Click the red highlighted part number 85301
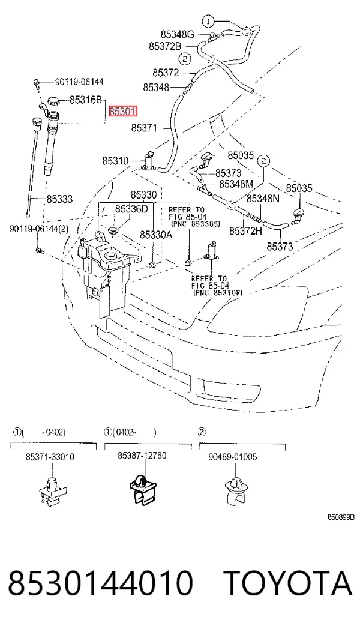coord(124,111)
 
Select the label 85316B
coord(86,100)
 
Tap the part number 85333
coord(59,199)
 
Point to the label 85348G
coord(178,34)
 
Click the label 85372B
coord(165,46)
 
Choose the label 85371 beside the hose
coord(144,128)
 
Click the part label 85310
coord(115,161)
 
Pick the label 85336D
coord(132,209)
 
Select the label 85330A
coord(156,234)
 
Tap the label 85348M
coord(236,184)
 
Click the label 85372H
coord(245,231)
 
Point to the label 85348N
coord(263,199)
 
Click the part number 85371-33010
coord(50,457)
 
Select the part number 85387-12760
coord(142,455)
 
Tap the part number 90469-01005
coord(233,457)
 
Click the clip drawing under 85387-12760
coord(143,489)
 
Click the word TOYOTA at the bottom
coord(288,583)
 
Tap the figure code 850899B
coord(341,517)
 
